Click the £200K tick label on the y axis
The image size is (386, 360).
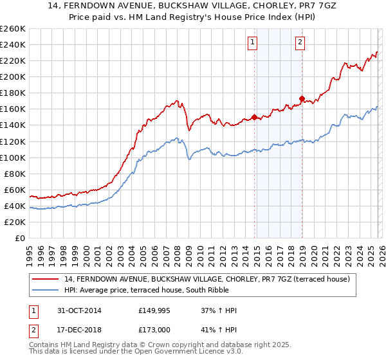(12, 76)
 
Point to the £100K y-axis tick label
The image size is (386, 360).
(12, 157)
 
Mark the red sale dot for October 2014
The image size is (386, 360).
(254, 117)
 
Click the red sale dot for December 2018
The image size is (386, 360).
(302, 98)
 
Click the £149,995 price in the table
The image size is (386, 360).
(154, 310)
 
